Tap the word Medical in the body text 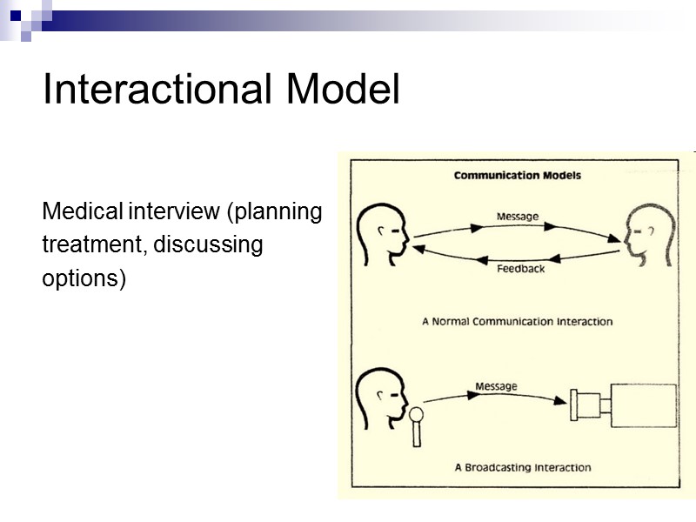point(83,211)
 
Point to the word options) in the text point(84,279)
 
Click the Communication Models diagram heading point(517,175)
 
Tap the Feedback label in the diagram point(520,269)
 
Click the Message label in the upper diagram point(517,216)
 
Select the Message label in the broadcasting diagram point(496,385)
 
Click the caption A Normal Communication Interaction point(517,321)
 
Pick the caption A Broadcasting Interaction point(522,467)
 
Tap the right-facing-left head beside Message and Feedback point(648,235)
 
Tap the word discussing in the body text point(207,245)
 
